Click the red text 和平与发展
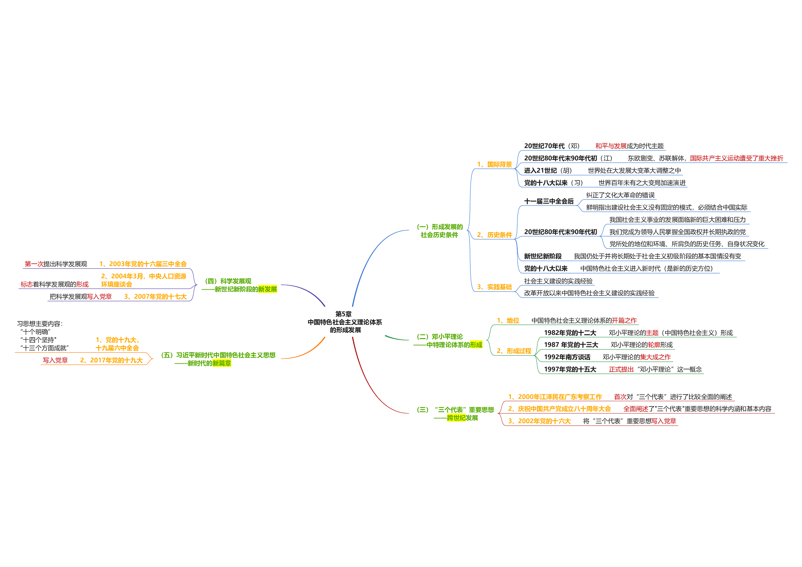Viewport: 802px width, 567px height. (611, 146)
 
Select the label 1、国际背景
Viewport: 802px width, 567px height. (494, 165)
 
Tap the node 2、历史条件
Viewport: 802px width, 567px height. (494, 235)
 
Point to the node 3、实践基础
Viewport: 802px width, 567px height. (494, 287)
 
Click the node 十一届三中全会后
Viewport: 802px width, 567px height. (549, 201)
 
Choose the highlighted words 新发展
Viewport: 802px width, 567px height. (267, 289)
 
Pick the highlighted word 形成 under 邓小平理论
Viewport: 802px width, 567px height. (476, 345)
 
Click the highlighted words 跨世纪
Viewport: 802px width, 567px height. (456, 418)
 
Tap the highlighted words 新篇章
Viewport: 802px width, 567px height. (221, 363)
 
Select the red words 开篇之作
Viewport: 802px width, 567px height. (624, 320)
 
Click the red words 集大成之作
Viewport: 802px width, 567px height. (655, 357)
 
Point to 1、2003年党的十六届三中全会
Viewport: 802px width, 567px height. (143, 264)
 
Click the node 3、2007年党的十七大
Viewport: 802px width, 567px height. (155, 297)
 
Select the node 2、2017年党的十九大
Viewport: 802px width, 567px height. (112, 360)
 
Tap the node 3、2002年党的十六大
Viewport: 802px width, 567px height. (539, 421)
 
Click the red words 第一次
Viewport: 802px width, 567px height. (34, 264)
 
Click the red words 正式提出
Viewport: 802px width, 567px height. (621, 369)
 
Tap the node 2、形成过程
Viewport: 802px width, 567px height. (514, 351)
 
